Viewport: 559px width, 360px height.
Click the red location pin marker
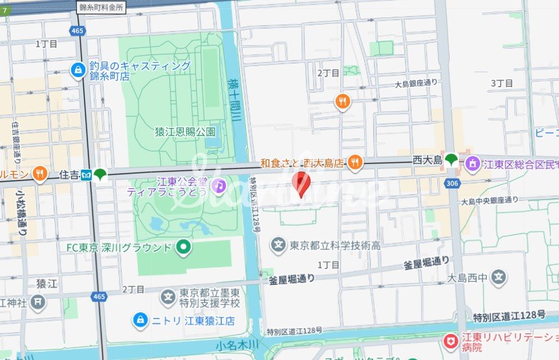pos(301,184)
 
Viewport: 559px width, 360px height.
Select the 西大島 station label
pos(427,159)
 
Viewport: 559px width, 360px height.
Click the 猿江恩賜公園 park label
pos(184,131)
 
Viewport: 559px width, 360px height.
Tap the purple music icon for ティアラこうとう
pos(219,186)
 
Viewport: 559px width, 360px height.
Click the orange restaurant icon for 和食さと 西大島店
pos(355,163)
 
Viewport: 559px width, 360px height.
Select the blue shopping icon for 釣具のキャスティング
pos(78,69)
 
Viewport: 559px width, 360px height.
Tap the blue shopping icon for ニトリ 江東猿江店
pos(139,319)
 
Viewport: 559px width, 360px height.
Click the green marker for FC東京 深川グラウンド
pos(184,247)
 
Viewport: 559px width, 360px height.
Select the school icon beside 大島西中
pos(499,278)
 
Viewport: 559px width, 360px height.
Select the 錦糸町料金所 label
pos(105,6)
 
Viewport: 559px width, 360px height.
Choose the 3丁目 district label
pos(501,84)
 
